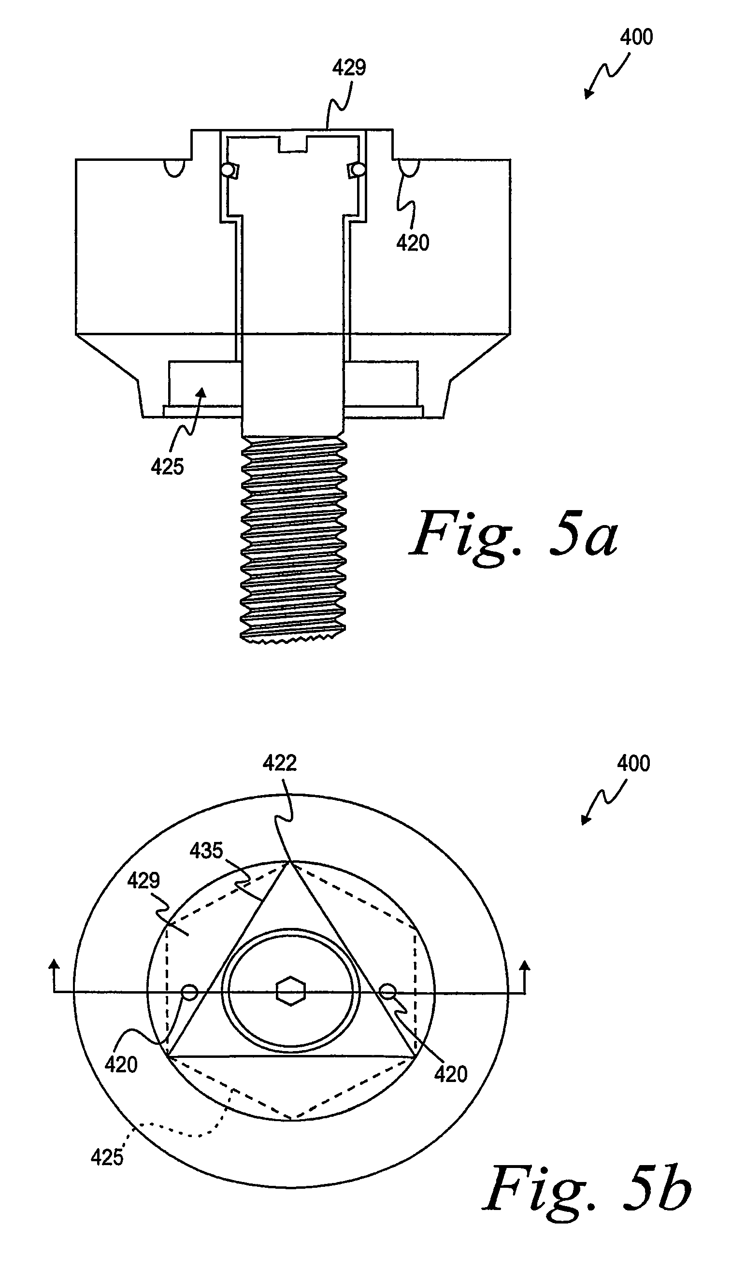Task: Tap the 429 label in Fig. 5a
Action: point(349,67)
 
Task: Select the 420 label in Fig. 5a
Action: point(413,243)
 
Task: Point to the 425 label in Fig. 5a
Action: point(167,467)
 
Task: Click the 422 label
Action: point(280,763)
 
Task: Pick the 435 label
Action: point(206,850)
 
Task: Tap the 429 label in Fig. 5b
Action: point(143,880)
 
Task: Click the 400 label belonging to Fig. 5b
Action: point(633,763)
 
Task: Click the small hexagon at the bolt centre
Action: point(291,991)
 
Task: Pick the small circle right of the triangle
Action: point(387,992)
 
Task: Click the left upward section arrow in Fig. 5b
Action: point(54,975)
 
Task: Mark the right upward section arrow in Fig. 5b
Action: point(525,975)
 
